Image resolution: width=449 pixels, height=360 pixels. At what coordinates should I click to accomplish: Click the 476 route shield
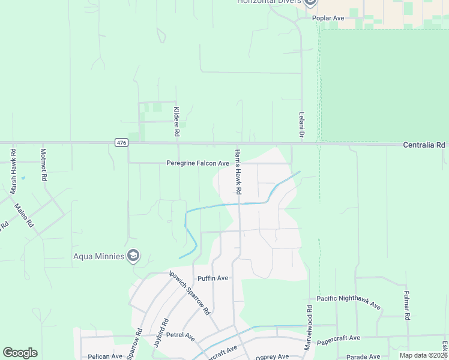(x=121, y=142)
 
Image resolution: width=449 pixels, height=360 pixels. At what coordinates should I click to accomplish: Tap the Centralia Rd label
(x=424, y=145)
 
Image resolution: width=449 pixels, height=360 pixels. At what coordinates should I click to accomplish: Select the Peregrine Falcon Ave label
(x=198, y=163)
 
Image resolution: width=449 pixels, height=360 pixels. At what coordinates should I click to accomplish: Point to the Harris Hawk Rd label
(x=238, y=172)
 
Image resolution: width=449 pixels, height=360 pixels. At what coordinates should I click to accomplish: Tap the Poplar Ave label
(x=328, y=18)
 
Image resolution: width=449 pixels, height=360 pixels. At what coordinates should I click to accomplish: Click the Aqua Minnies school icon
(x=133, y=256)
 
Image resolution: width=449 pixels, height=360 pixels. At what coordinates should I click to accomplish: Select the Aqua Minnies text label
(x=98, y=256)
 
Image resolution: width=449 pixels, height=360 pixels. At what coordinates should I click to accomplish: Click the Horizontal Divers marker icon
(x=310, y=2)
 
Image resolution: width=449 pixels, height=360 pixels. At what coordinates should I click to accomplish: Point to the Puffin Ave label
(x=213, y=278)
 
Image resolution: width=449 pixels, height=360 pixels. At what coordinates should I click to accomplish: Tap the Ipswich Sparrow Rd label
(x=190, y=293)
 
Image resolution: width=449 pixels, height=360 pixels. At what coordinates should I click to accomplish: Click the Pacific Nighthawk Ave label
(x=349, y=302)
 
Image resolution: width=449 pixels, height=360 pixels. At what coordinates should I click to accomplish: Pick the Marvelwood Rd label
(x=309, y=328)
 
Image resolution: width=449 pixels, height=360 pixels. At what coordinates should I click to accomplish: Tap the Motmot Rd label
(x=43, y=165)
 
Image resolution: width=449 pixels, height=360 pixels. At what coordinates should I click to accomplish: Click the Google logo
(x=20, y=353)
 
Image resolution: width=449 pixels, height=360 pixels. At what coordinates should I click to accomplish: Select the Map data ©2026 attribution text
(x=423, y=355)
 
